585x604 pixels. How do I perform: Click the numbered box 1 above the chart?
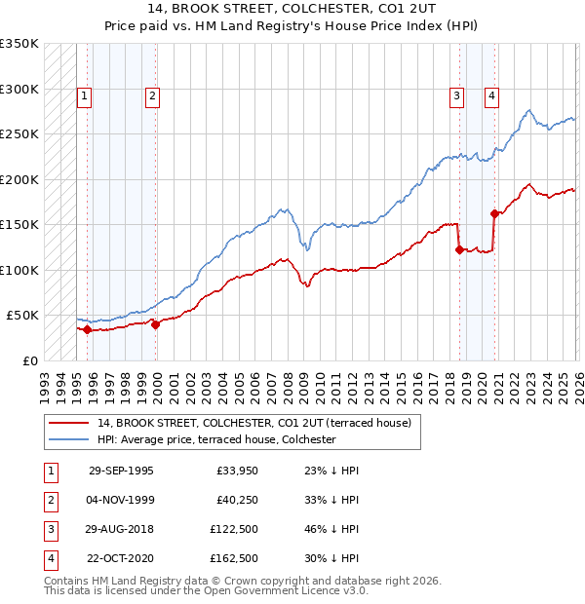[x=86, y=95]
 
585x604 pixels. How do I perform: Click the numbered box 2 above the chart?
[x=153, y=95]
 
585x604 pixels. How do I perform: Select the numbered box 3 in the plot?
[x=456, y=95]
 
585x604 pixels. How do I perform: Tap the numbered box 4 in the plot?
[x=492, y=95]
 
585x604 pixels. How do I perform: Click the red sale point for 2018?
[x=459, y=249]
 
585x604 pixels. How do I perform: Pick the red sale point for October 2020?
[x=494, y=213]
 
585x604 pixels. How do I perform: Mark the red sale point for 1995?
[x=87, y=329]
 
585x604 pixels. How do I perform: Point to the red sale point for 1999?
[x=155, y=324]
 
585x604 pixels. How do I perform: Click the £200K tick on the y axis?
[x=20, y=179]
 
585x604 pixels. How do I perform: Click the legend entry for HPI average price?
[x=215, y=439]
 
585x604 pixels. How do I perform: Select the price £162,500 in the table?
[x=234, y=558]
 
